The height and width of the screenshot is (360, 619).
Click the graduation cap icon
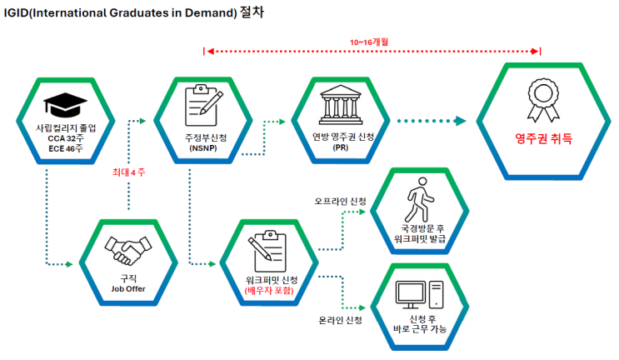[65, 105]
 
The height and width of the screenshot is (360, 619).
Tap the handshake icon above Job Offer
[128, 250]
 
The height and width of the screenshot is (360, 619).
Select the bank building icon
[341, 105]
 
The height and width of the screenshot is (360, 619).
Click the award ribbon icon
[543, 100]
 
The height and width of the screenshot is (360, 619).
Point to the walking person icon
[419, 200]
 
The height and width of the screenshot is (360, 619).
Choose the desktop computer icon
[420, 294]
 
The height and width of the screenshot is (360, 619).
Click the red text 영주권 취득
[543, 138]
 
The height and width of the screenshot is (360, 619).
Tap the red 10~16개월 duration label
[369, 42]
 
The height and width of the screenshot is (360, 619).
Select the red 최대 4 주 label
[128, 172]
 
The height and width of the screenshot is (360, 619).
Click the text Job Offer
[128, 289]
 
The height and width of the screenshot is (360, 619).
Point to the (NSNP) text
[203, 148]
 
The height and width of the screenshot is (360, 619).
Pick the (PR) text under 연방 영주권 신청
[340, 147]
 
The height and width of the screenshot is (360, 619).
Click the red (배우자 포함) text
[270, 291]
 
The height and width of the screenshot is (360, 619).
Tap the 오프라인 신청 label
[340, 202]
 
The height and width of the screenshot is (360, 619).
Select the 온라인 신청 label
[340, 320]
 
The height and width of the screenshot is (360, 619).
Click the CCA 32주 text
[66, 138]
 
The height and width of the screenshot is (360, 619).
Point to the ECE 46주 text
[66, 149]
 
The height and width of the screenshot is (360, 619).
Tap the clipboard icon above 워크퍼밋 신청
[267, 252]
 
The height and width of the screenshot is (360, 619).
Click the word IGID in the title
[16, 13]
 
